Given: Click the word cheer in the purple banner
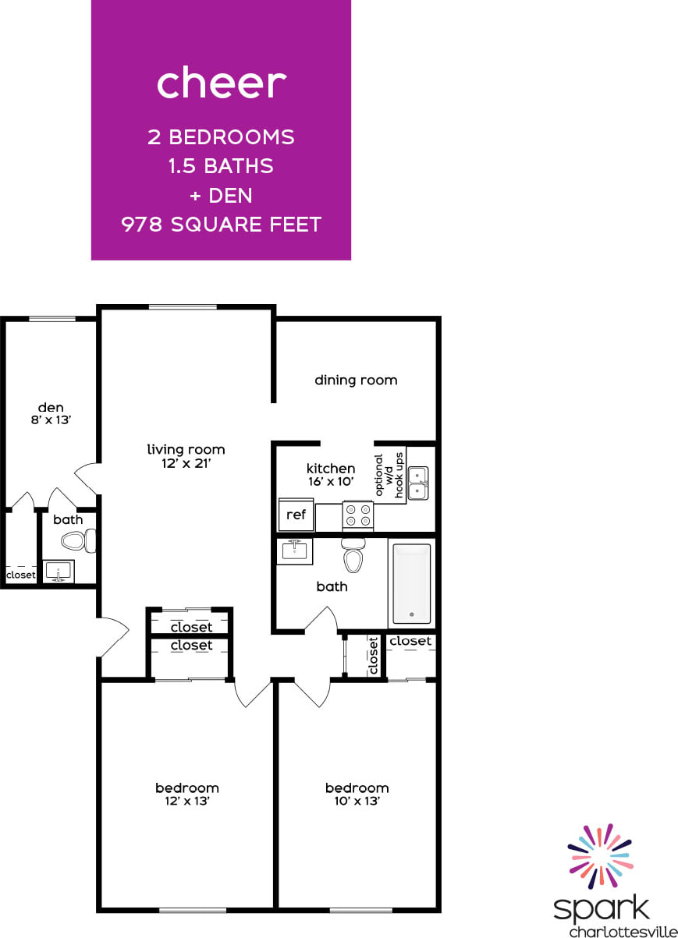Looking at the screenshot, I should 222,83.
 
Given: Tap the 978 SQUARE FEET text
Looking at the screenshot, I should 222,225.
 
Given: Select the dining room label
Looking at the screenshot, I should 356,381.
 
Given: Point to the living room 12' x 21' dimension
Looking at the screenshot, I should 186,462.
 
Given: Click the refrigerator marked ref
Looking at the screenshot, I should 296,515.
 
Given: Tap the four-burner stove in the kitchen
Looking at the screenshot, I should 358,515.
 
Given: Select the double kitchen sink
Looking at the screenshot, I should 418,483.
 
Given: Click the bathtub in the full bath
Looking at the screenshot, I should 411,583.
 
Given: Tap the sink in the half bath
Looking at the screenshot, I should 58,572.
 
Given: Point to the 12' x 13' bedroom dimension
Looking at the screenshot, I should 186,801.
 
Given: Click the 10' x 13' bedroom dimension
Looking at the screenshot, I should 357,801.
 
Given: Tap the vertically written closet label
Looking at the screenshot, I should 373,656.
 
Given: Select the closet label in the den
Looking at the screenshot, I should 20,575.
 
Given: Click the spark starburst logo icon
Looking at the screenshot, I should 600,855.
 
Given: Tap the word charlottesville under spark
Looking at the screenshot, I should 623,930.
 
